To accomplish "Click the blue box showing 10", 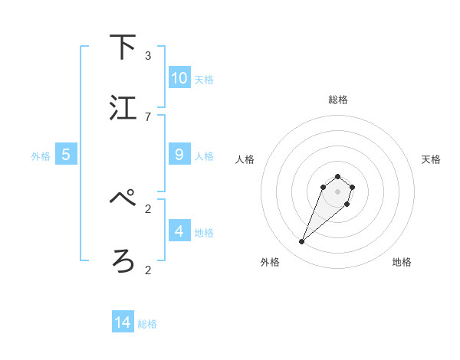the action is [x=179, y=78].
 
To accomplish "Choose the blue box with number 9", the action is [x=179, y=155].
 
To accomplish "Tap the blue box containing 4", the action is [x=179, y=231].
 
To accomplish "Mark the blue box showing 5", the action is [x=66, y=155].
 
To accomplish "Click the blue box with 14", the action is [x=123, y=322].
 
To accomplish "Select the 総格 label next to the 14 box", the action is [x=147, y=324].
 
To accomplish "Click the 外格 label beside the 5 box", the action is [x=41, y=156].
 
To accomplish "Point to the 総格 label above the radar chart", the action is [x=337, y=100].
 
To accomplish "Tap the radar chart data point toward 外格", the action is [x=302, y=242].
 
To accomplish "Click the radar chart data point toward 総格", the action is [x=337, y=174].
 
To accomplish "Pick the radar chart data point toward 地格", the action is [x=347, y=204].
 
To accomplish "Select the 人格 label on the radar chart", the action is [x=245, y=159].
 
